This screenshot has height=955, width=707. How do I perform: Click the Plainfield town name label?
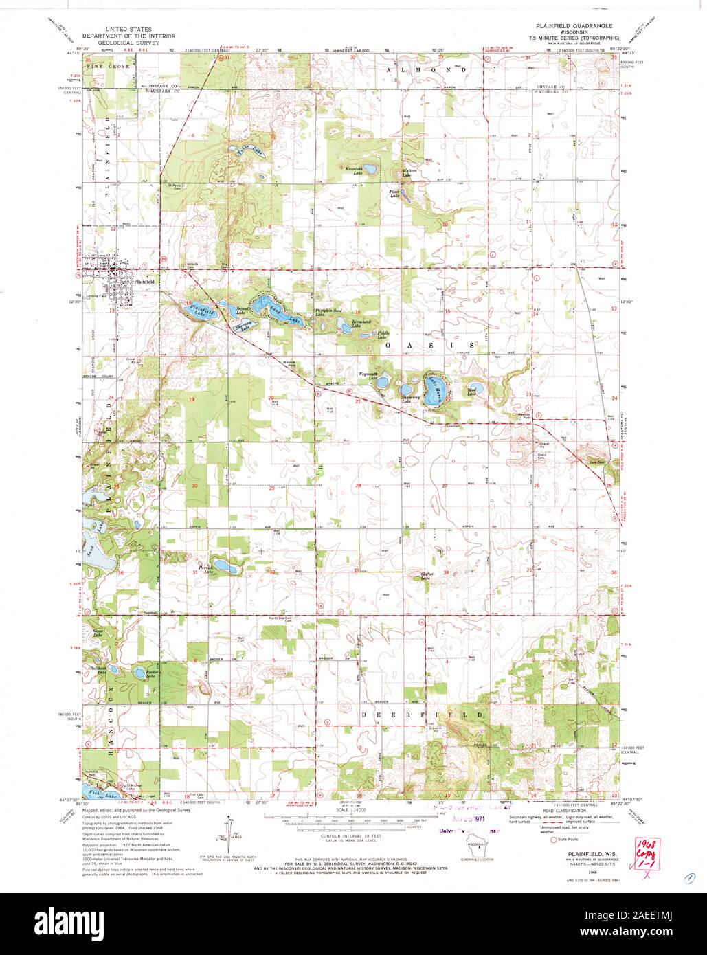[x=145, y=282]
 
